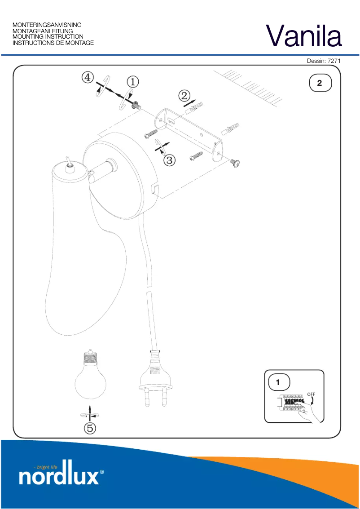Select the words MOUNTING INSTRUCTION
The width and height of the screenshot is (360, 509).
coord(48,37)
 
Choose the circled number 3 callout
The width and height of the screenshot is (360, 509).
coord(169,160)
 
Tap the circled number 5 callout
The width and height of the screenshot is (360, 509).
coord(90,428)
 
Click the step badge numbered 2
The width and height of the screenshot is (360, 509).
coord(320,83)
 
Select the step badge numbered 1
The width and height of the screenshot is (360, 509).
coord(278,383)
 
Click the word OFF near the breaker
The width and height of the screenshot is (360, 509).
coord(311,394)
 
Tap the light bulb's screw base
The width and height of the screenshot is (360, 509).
coord(91,358)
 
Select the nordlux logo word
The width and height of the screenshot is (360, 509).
coord(59,476)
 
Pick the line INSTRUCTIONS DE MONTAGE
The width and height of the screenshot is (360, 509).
coord(53,43)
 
